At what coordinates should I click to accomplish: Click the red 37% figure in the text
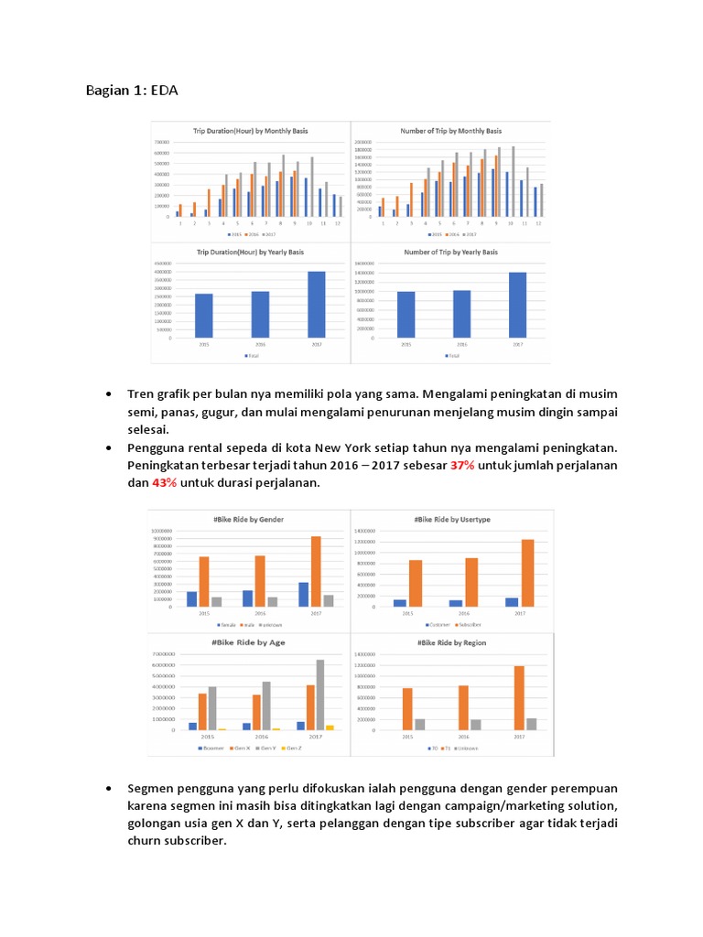click(462, 466)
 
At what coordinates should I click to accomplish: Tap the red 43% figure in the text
click(164, 482)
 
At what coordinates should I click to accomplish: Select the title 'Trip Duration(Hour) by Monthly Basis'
click(250, 132)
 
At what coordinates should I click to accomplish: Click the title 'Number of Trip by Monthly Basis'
click(450, 132)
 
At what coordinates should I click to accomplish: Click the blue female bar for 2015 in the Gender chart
click(192, 598)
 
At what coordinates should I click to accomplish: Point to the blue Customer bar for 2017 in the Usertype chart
click(511, 601)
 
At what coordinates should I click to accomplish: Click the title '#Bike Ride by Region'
click(452, 643)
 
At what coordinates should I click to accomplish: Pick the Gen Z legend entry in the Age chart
click(292, 748)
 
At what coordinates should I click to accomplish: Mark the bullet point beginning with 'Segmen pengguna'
click(109, 788)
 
